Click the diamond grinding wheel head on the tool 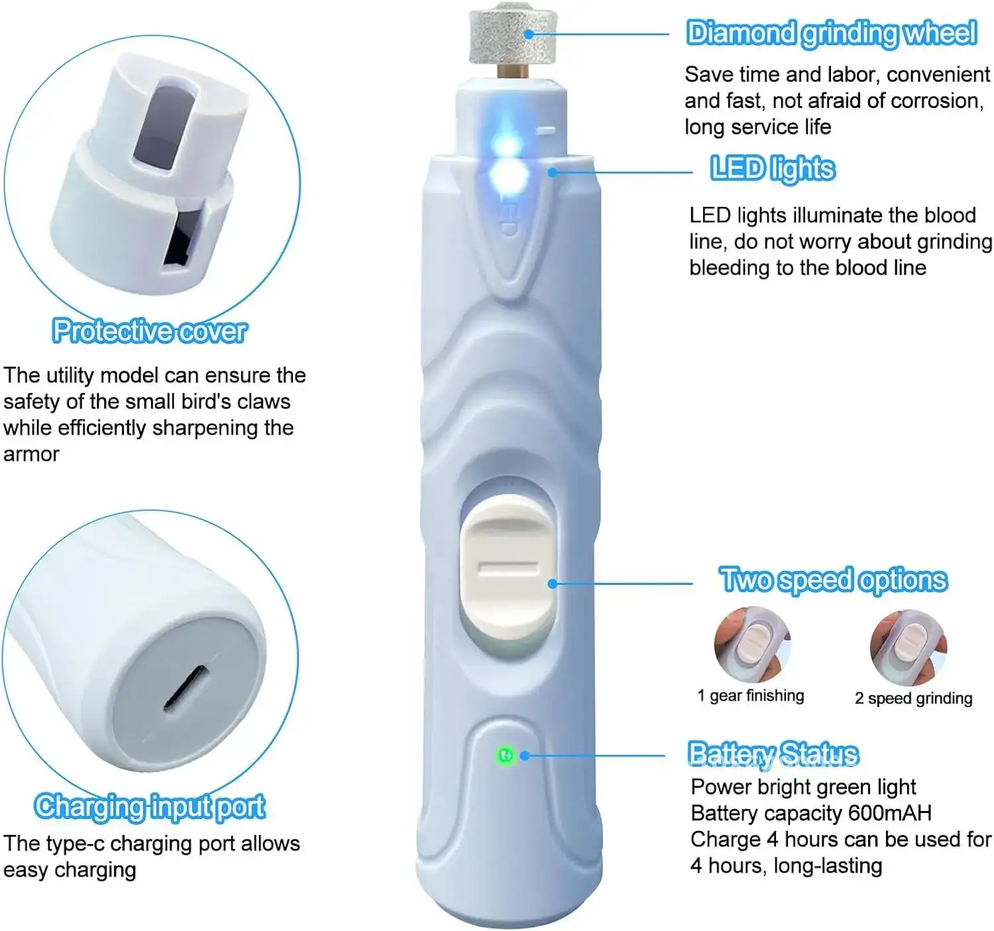pyautogui.click(x=512, y=34)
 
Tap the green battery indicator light pyautogui.click(x=506, y=755)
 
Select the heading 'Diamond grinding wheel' pyautogui.click(x=832, y=34)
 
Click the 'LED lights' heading pyautogui.click(x=773, y=169)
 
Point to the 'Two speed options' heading pyautogui.click(x=834, y=580)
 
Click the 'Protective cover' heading pyautogui.click(x=150, y=331)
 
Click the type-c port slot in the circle pyautogui.click(x=186, y=688)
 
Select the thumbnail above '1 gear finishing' pyautogui.click(x=752, y=645)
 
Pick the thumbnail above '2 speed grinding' pyautogui.click(x=909, y=647)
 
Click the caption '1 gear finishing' pyautogui.click(x=751, y=696)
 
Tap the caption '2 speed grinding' pyautogui.click(x=913, y=698)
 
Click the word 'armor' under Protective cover pyautogui.click(x=31, y=454)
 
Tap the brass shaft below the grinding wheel pyautogui.click(x=512, y=71)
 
